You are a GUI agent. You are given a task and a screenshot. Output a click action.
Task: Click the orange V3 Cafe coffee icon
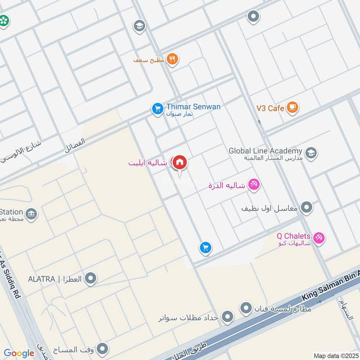click(292, 108)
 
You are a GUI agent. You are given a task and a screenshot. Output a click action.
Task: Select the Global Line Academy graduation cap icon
click(310, 153)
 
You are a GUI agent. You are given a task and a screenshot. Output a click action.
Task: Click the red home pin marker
click(180, 162)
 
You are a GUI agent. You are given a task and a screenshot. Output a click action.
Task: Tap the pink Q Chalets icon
click(319, 238)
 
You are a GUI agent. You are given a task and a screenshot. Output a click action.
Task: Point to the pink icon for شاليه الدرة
click(254, 184)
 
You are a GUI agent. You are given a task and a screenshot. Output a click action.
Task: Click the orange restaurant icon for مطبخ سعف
click(172, 59)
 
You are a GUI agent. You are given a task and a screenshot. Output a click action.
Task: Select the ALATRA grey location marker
click(91, 279)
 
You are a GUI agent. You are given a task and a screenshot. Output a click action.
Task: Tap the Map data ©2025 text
click(335, 355)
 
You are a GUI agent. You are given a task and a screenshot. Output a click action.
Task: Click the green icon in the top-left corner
click(4, 21)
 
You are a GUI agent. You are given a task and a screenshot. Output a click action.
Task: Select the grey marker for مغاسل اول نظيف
click(307, 207)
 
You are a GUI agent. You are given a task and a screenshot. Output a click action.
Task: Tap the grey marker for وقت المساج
click(103, 349)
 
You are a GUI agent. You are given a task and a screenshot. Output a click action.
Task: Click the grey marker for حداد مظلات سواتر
click(228, 317)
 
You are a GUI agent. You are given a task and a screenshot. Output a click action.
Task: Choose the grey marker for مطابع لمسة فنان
click(246, 308)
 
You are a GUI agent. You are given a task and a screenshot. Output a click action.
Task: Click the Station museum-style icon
click(31, 213)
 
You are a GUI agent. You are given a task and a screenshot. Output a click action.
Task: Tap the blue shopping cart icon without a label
click(205, 247)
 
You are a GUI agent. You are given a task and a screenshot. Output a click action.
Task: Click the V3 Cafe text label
click(270, 108)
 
